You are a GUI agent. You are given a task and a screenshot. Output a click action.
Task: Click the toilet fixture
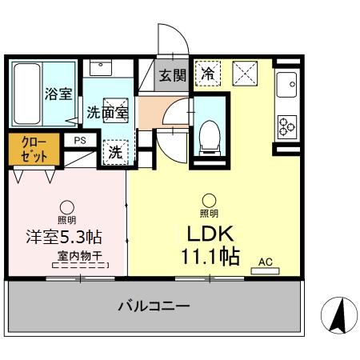[x=210, y=138]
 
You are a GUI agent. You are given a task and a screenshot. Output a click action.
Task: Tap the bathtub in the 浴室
[x=27, y=94]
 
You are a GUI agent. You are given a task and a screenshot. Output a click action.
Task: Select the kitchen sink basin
[x=286, y=85]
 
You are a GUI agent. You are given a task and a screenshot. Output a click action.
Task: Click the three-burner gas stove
[x=287, y=127]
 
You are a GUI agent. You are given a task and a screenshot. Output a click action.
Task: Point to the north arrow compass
[x=339, y=315]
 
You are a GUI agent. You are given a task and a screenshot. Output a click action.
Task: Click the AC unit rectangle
[x=265, y=271]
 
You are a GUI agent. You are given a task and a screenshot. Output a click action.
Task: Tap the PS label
[x=80, y=141]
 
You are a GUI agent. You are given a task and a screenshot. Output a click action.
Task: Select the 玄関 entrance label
[x=172, y=75]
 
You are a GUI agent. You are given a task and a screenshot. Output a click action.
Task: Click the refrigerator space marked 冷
[x=208, y=74]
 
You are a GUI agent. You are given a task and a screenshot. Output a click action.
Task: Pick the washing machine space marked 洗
[x=115, y=152]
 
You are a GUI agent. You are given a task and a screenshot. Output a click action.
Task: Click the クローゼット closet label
[x=34, y=150]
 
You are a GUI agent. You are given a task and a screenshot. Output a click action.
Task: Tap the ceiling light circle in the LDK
[x=209, y=201]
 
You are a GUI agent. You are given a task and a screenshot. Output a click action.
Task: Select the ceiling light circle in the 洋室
[x=67, y=207]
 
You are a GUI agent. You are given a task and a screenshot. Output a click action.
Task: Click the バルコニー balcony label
[x=154, y=306]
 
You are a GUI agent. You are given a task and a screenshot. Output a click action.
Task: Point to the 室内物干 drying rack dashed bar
[x=80, y=266]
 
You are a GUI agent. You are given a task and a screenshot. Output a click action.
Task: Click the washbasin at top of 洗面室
[x=101, y=68]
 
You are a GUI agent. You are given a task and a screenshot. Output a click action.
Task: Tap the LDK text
[x=210, y=234]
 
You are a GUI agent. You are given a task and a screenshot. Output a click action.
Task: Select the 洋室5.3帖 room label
[x=64, y=237]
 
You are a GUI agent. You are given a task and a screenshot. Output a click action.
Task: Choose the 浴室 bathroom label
[x=58, y=94]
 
